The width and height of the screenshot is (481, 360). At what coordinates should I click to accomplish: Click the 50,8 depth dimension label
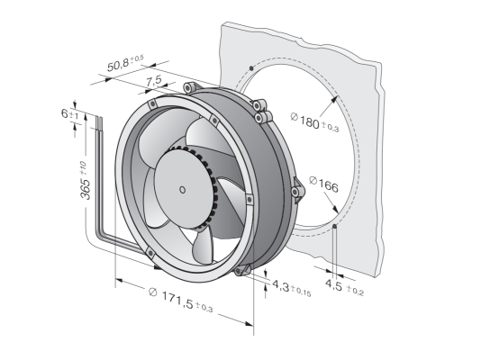(125, 64)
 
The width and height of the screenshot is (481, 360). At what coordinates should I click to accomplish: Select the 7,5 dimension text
(154, 81)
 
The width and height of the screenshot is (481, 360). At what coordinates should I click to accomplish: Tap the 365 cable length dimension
(85, 181)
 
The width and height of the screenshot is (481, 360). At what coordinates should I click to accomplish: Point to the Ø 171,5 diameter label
(180, 300)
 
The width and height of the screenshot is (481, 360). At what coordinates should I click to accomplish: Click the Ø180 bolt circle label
(314, 121)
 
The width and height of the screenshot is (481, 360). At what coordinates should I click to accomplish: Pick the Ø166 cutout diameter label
(323, 184)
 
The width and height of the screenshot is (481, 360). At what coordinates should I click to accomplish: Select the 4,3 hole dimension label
(292, 289)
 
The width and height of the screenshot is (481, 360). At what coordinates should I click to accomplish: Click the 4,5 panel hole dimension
(344, 287)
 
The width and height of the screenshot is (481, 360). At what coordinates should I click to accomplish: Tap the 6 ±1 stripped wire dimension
(69, 114)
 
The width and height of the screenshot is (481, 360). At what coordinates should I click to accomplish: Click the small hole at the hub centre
(182, 190)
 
